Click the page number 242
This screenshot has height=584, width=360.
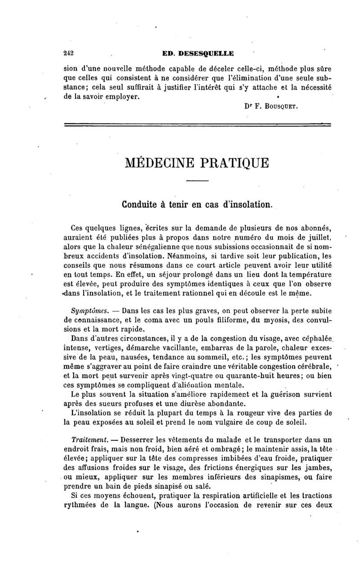tap(69, 53)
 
